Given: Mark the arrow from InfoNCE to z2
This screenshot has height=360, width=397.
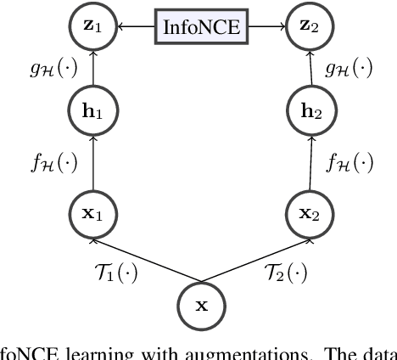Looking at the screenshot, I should [264, 28].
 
